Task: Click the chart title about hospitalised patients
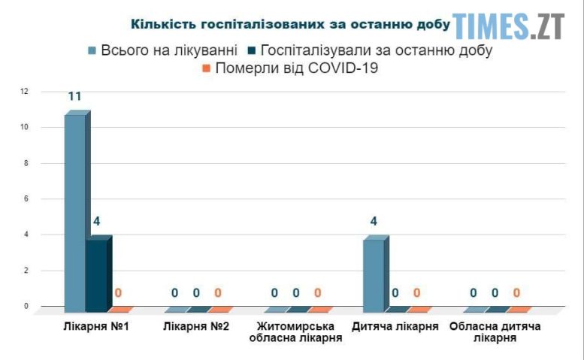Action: pos(290,24)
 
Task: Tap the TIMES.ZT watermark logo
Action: pos(508,26)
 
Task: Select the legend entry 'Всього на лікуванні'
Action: pos(162,50)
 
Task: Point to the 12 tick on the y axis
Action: pos(25,92)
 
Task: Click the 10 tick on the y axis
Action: pos(25,128)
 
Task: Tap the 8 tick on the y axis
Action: pos(25,163)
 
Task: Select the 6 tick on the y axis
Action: pos(25,199)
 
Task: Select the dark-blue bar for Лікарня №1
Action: pos(96,274)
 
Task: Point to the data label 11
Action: pos(74,96)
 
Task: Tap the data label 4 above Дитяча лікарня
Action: pos(373,222)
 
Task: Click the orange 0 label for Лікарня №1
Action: pos(118,293)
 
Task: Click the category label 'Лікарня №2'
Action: pos(196,327)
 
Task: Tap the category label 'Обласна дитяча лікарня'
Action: pos(495,332)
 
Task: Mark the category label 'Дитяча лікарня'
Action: pos(395,327)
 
